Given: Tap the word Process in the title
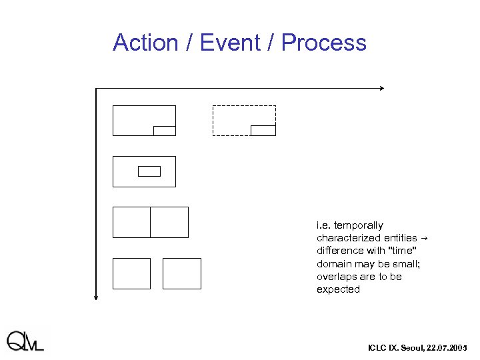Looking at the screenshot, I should pos(323,43).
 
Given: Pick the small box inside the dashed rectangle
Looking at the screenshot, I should pos(263,130).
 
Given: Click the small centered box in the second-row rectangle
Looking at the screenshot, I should pos(149,171).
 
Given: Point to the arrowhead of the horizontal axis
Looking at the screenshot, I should pos(381,88).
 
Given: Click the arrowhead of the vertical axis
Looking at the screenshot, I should pos(97,297).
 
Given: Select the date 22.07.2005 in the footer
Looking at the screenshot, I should pos(447,348).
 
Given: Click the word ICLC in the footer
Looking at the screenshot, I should pos(377,348).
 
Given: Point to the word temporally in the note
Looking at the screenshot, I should pos(359,225).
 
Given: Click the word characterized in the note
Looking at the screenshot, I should pos(340,238).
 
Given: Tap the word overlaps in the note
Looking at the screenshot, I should pos(335,277).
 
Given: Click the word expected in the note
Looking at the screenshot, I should pos(338,289).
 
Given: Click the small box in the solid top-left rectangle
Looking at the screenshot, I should pos(164,131).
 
